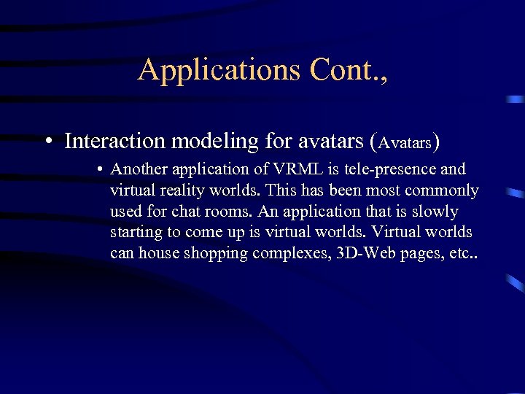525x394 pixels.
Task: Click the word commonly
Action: (442, 190)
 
